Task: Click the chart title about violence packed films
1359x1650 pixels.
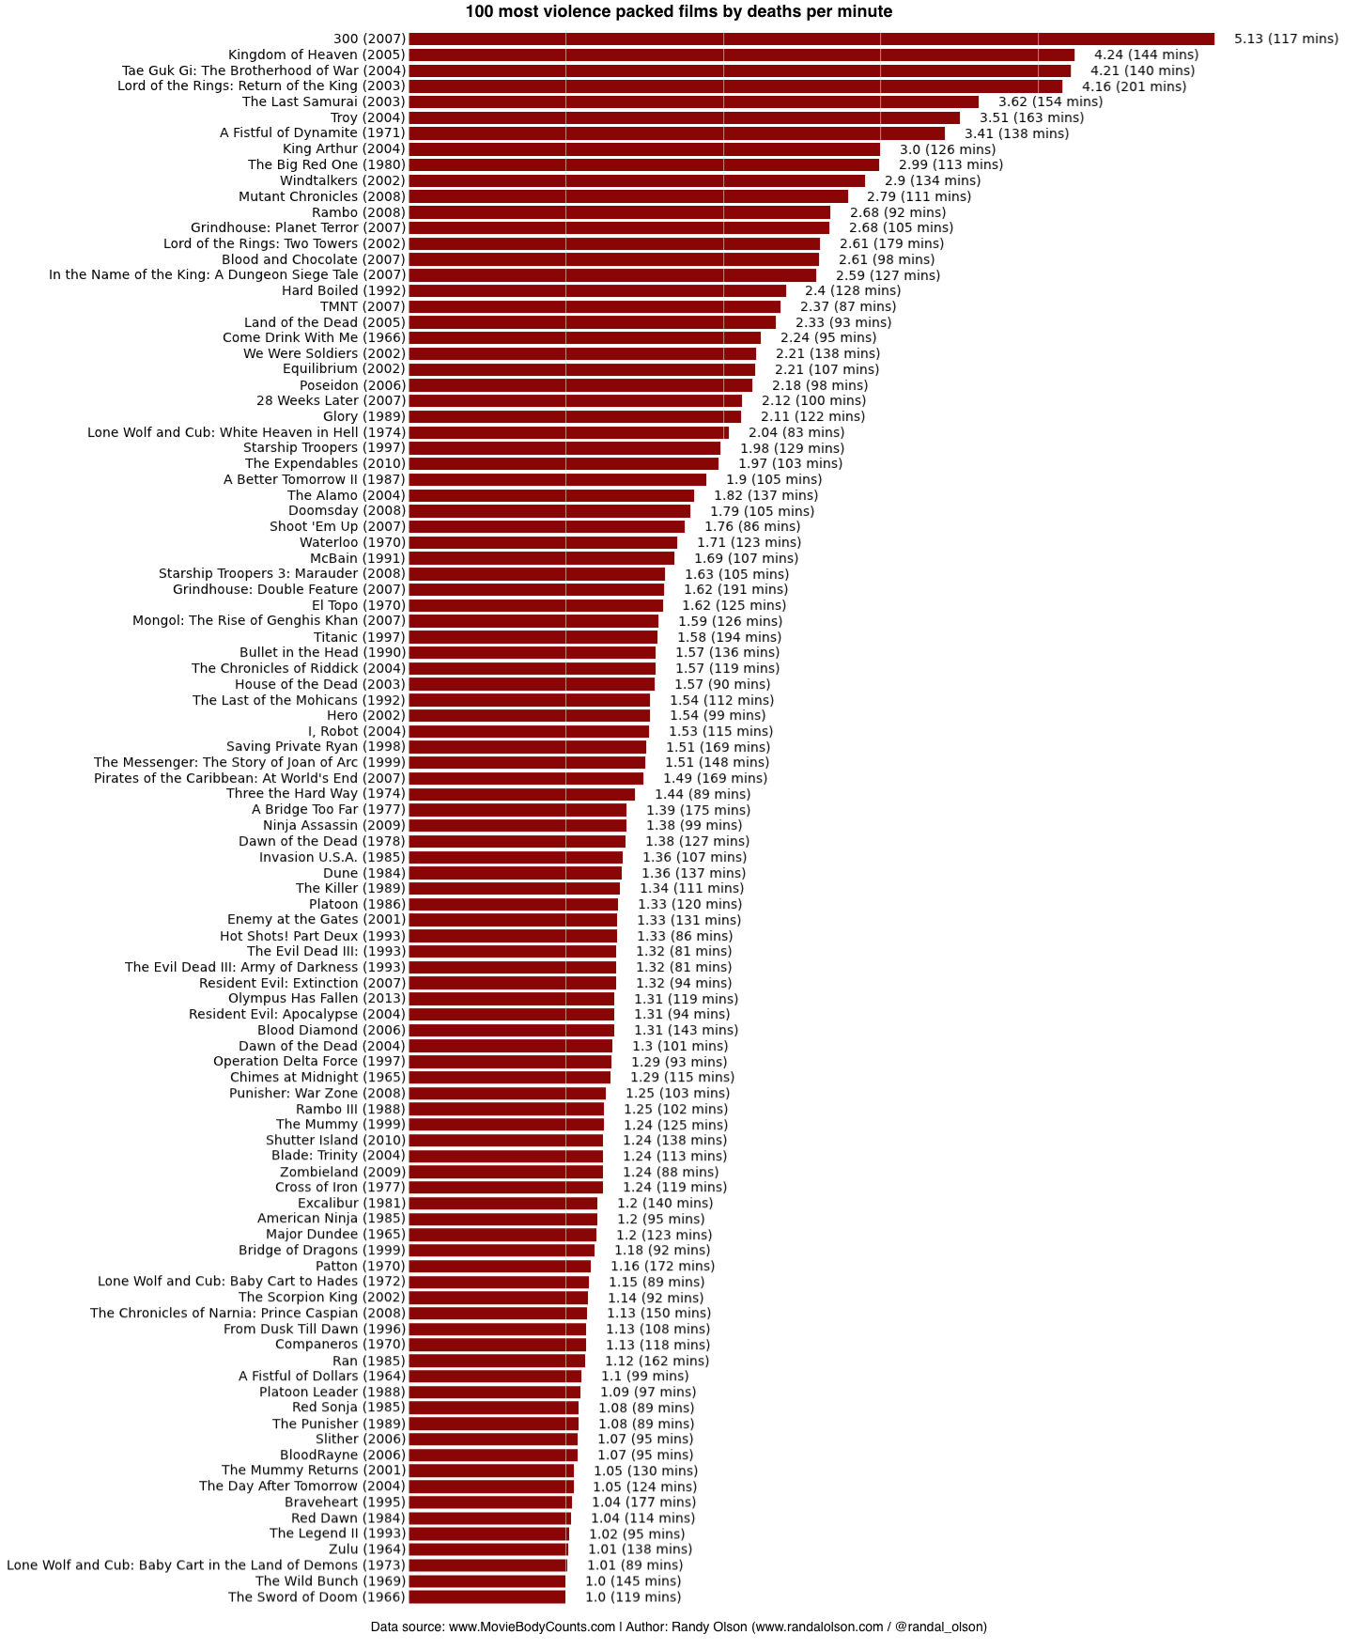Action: tap(678, 12)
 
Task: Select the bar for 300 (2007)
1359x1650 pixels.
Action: tap(811, 39)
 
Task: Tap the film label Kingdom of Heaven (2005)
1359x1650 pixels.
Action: tap(317, 54)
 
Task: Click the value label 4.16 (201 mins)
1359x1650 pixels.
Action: tap(1134, 86)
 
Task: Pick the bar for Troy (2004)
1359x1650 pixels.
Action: tap(684, 117)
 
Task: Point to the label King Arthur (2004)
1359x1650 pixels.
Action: tap(344, 148)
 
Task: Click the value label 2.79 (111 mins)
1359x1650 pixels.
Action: tap(919, 196)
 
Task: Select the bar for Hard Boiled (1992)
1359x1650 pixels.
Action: tap(596, 290)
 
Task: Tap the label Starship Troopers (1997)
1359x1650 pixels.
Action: tap(324, 447)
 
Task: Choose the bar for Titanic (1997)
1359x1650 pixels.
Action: tap(533, 637)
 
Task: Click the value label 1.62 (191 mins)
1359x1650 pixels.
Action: tap(735, 589)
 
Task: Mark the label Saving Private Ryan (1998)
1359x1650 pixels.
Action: tap(316, 746)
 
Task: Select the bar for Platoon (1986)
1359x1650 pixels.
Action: tap(513, 904)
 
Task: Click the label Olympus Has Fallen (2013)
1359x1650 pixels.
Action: tap(317, 998)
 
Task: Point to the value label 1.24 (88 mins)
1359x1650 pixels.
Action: tap(670, 1172)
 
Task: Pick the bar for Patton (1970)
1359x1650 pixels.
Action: tap(500, 1266)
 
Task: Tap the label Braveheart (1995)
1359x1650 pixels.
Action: tap(345, 1502)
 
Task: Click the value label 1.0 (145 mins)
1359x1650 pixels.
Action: tap(632, 1580)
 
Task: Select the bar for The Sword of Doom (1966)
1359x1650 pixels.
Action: tap(486, 1596)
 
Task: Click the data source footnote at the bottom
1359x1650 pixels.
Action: tap(678, 1627)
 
